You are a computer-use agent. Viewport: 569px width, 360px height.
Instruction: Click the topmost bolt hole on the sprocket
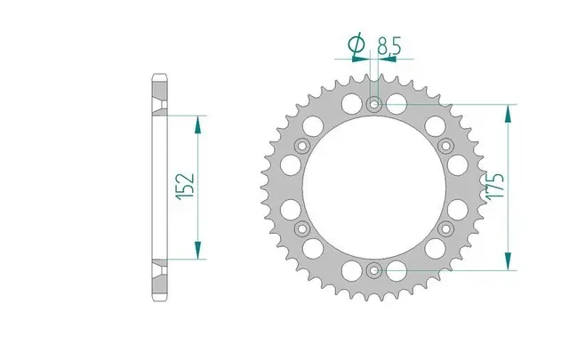pyautogui.click(x=373, y=106)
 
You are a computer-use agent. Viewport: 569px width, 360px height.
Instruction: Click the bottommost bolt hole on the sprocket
pyautogui.click(x=373, y=269)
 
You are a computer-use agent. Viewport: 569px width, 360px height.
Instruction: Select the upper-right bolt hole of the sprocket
pyautogui.click(x=444, y=146)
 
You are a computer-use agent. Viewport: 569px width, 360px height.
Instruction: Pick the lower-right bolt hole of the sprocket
pyautogui.click(x=444, y=228)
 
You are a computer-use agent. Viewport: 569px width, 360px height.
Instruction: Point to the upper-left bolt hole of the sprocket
pyautogui.click(x=302, y=146)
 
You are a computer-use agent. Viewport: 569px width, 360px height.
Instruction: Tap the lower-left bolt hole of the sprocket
pyautogui.click(x=302, y=228)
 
